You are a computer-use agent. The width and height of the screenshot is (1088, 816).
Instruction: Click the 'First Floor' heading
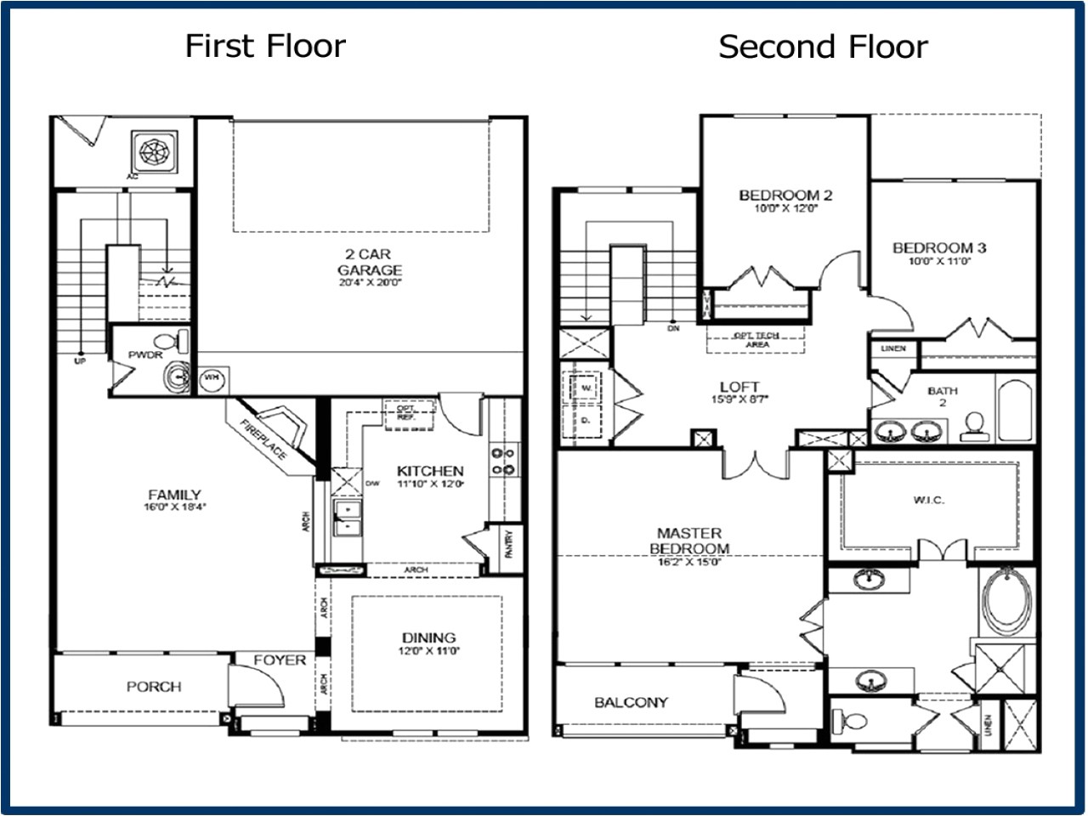(265, 46)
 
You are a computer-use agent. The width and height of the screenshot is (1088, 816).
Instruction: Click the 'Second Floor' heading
(822, 47)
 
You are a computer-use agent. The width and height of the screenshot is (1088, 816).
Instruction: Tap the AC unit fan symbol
(154, 151)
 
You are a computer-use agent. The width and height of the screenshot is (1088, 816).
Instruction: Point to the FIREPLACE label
(263, 440)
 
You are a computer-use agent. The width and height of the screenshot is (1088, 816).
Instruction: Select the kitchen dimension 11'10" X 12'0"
(430, 485)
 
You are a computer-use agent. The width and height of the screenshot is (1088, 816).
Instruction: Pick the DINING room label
(428, 637)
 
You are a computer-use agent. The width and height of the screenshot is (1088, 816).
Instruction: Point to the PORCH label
(154, 686)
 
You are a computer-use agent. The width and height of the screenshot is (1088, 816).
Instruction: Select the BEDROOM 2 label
(785, 195)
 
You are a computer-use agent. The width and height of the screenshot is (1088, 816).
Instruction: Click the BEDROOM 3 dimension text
(938, 262)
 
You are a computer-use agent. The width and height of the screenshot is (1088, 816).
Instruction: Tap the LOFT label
(739, 386)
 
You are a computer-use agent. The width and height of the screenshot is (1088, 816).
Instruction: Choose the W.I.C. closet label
(928, 500)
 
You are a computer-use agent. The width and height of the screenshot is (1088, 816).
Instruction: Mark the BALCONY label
(631, 702)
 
